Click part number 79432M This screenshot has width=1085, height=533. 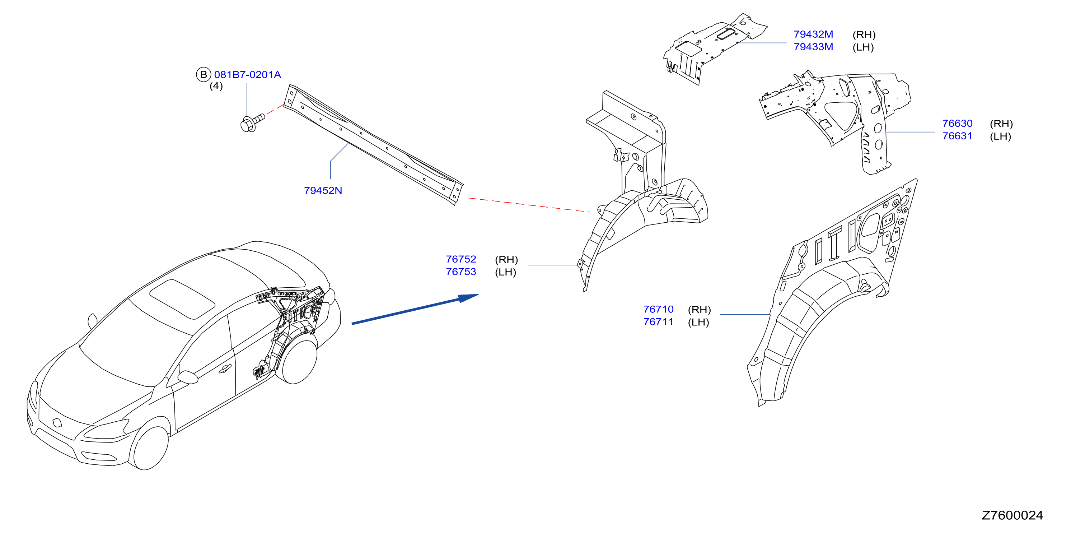tap(813, 34)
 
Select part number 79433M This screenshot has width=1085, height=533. tap(813, 47)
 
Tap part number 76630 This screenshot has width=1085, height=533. tap(957, 124)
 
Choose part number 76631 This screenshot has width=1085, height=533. tap(957, 136)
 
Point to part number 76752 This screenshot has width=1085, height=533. tap(461, 259)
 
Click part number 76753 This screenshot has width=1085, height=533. tap(461, 272)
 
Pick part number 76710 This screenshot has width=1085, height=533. tap(658, 309)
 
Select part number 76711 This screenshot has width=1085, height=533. tap(658, 322)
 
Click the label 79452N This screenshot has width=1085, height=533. tap(323, 190)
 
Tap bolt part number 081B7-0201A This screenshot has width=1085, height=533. tap(248, 75)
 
